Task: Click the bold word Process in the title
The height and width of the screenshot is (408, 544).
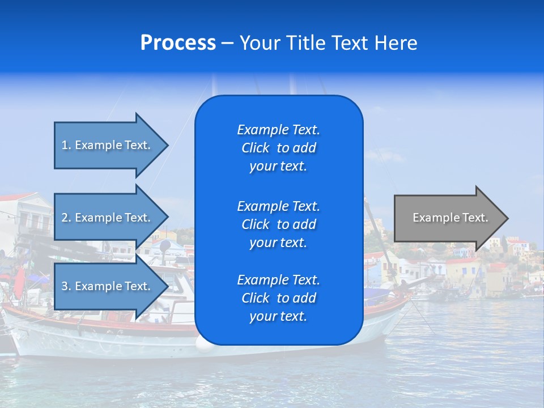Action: pyautogui.click(x=178, y=43)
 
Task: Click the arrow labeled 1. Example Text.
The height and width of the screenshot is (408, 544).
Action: pyautogui.click(x=108, y=145)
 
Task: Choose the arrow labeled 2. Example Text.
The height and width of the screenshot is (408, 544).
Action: pyautogui.click(x=108, y=218)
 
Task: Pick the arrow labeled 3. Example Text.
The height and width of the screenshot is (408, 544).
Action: pyautogui.click(x=108, y=286)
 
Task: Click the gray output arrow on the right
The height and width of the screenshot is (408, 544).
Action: pyautogui.click(x=448, y=218)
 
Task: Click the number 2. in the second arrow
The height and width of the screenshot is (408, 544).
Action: pyautogui.click(x=66, y=218)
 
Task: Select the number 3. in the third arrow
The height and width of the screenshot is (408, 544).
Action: pyautogui.click(x=66, y=286)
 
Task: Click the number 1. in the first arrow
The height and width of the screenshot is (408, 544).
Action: pyautogui.click(x=66, y=145)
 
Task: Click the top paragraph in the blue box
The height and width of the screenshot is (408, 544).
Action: pyautogui.click(x=278, y=148)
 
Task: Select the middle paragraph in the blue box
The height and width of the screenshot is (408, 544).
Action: pyautogui.click(x=278, y=224)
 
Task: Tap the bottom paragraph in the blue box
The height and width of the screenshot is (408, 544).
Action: pyautogui.click(x=278, y=298)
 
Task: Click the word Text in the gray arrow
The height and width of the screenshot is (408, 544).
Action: pyautogui.click(x=475, y=218)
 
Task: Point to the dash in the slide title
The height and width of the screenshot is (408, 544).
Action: pyautogui.click(x=228, y=43)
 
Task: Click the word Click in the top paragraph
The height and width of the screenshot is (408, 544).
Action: pyautogui.click(x=256, y=148)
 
